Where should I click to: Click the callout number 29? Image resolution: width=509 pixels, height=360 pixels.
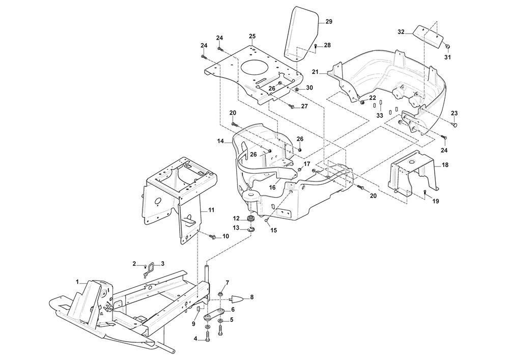(328, 21)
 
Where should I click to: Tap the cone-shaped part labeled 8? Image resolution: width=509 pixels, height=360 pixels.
(236, 298)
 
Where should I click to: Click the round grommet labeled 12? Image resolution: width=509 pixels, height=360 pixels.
(250, 218)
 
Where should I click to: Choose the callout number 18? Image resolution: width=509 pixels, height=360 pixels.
(445, 165)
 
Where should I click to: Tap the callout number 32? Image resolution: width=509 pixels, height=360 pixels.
(401, 32)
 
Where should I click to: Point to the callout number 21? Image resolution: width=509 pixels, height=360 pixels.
(315, 73)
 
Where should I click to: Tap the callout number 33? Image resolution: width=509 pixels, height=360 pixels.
(379, 116)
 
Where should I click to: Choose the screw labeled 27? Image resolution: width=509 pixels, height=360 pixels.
(292, 106)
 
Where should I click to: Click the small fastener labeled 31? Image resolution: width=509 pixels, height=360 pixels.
(447, 46)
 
